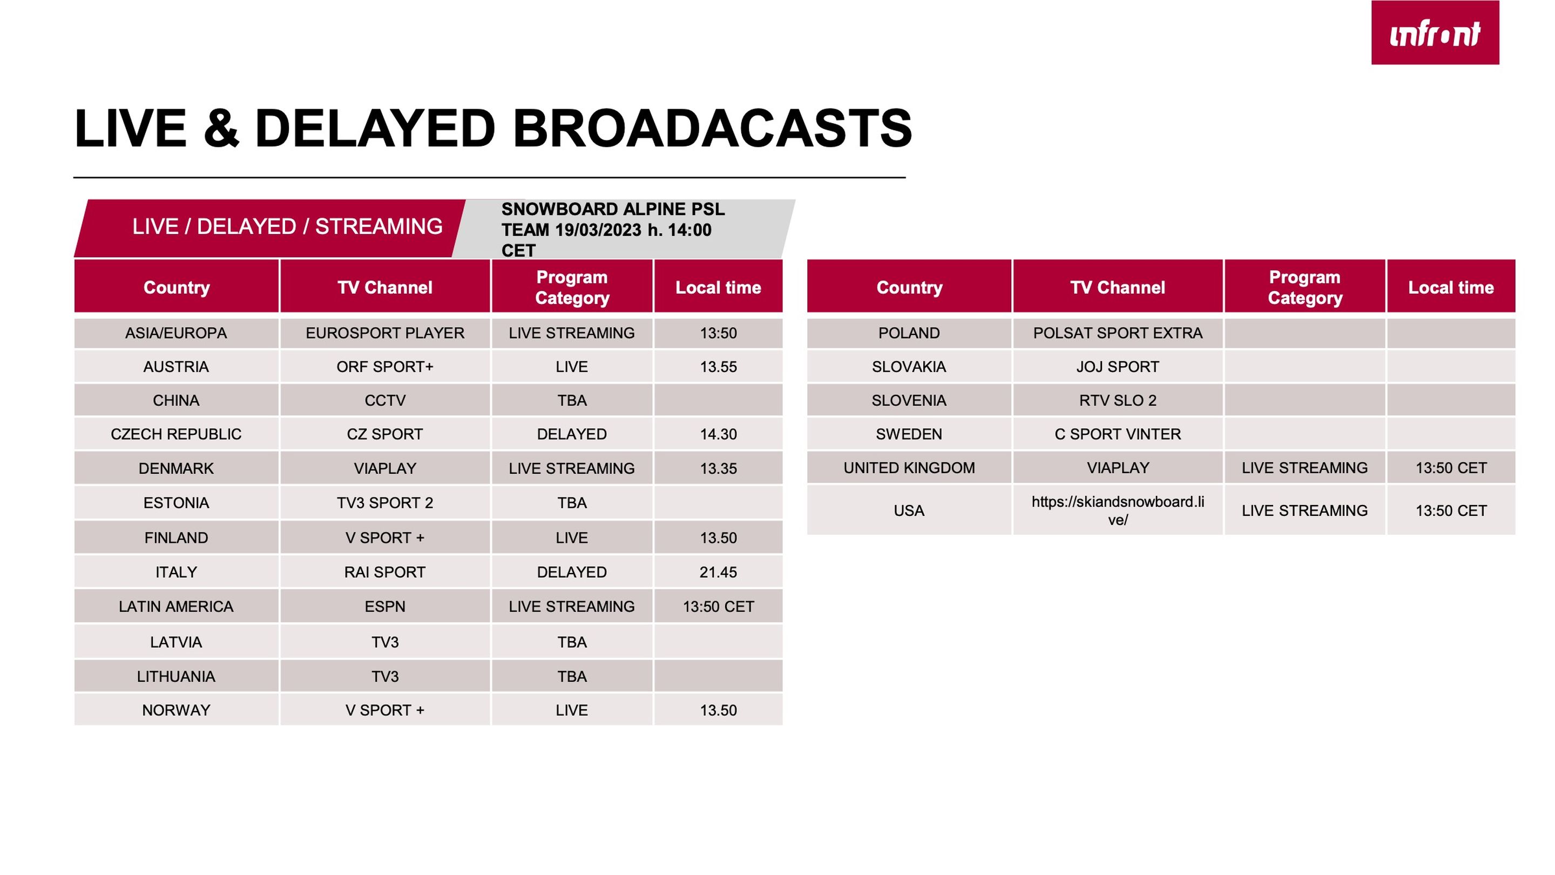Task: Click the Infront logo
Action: point(1435,32)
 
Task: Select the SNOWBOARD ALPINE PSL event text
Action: point(613,230)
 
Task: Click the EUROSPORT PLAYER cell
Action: point(385,333)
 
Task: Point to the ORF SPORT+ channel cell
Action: point(385,367)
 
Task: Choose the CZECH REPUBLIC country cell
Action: point(176,434)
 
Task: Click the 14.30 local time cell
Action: point(718,434)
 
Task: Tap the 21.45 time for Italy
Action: point(718,572)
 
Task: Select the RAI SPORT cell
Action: point(385,572)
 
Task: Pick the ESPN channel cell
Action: point(385,606)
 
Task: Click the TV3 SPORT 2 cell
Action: point(385,502)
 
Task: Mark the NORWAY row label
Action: point(176,710)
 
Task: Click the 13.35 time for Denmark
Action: point(718,468)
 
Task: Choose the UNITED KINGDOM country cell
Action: point(909,467)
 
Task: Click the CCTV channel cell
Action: point(385,400)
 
